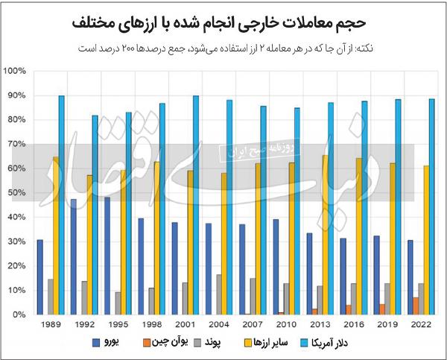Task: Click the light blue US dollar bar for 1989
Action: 62,205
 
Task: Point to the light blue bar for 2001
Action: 196,205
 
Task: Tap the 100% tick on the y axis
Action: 16,72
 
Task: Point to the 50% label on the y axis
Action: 17,193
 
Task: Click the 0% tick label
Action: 19,315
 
